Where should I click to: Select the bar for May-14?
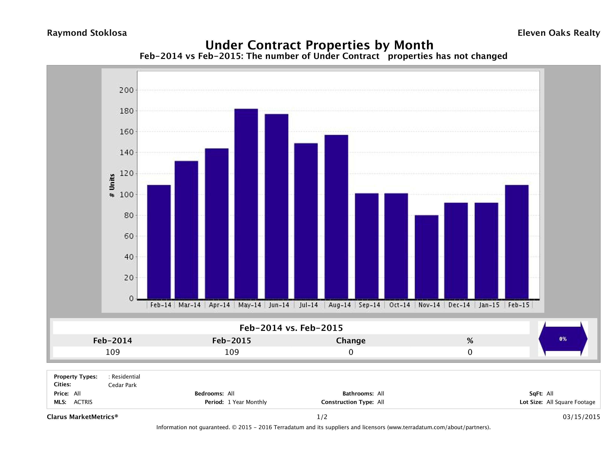click(x=246, y=204)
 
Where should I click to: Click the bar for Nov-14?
click(x=427, y=257)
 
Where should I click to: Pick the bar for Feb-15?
click(x=517, y=242)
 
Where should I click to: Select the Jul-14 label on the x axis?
click(x=308, y=305)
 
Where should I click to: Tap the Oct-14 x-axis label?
click(x=399, y=305)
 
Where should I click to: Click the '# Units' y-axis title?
click(x=112, y=185)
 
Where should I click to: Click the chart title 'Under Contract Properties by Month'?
click(x=319, y=45)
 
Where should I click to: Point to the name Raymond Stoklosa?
click(x=87, y=33)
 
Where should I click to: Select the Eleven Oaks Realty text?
click(x=558, y=33)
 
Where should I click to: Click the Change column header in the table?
click(x=351, y=341)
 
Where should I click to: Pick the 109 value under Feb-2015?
click(x=232, y=352)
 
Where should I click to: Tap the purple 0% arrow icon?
click(x=563, y=339)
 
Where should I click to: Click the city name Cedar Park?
click(x=122, y=385)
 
